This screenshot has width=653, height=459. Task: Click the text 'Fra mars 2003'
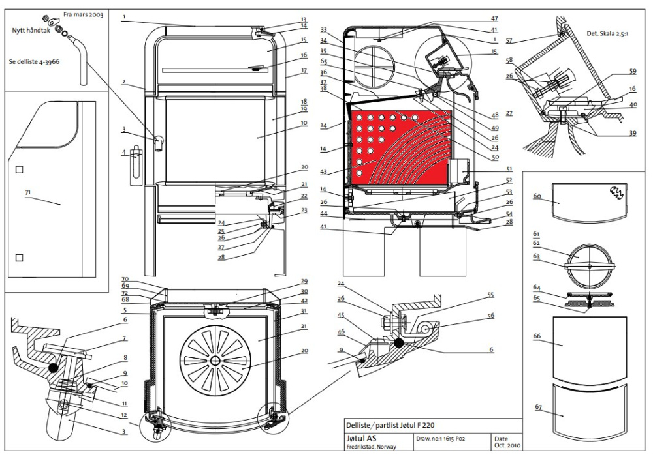tap(84, 14)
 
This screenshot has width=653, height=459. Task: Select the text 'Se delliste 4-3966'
tap(34, 61)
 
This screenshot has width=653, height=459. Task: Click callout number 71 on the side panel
tap(28, 192)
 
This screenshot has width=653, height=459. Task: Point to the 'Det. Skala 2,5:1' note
tap(607, 33)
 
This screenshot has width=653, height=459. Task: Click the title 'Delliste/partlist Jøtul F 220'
tap(390, 425)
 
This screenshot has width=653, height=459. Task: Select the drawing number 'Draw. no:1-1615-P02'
tap(440, 439)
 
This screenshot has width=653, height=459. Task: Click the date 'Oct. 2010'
tap(507, 445)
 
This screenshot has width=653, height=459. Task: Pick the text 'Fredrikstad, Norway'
tap(371, 447)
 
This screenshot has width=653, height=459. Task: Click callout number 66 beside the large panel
tap(536, 336)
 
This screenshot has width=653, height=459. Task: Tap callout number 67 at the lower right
tap(539, 407)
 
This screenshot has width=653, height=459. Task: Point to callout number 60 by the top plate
tap(537, 196)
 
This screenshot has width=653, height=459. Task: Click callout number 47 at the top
tap(494, 19)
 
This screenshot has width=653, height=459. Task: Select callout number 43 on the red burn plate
tap(324, 171)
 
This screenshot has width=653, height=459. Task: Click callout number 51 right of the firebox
tap(509, 170)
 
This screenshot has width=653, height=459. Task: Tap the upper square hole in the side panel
tap(19, 170)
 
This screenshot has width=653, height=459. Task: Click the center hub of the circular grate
tap(215, 359)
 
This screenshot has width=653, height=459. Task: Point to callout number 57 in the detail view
tap(509, 40)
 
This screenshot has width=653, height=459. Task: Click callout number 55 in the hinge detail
tap(490, 295)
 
